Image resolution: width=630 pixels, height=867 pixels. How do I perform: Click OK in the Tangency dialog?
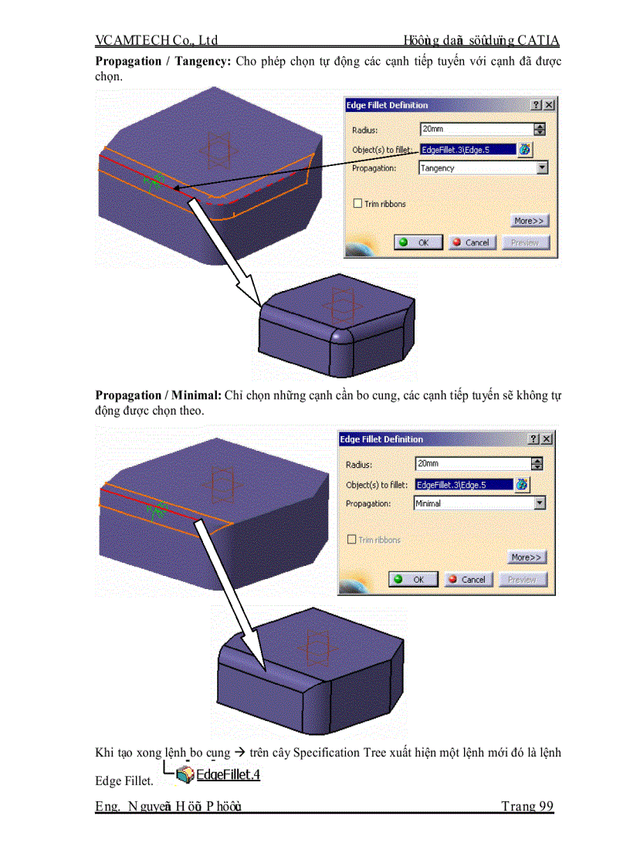click(x=418, y=242)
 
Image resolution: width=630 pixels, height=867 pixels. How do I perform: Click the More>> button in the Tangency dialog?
click(x=529, y=221)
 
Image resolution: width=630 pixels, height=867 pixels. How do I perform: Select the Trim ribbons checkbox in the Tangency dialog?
click(x=357, y=204)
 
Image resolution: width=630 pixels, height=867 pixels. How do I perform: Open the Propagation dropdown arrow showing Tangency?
click(x=542, y=168)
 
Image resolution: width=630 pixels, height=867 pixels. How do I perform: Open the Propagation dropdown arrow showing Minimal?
click(x=540, y=503)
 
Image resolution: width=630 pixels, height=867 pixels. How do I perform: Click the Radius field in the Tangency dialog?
click(x=476, y=130)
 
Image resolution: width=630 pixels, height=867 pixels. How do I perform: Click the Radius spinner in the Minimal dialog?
click(x=538, y=464)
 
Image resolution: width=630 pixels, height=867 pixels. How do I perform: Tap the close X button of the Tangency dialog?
click(x=549, y=105)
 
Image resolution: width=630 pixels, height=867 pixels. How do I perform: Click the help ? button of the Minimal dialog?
click(x=533, y=439)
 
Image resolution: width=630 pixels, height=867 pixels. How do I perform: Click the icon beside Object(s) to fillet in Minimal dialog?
click(x=523, y=485)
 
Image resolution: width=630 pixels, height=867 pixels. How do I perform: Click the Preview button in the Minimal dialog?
click(x=522, y=579)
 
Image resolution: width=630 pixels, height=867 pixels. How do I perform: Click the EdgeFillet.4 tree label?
click(x=229, y=774)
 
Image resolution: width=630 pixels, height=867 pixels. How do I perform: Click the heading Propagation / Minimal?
click(x=158, y=395)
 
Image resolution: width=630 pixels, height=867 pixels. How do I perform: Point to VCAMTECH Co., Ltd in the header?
click(x=157, y=40)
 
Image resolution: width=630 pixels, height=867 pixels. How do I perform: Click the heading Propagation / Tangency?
click(x=163, y=61)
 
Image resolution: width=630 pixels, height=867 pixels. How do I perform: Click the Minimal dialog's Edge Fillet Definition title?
click(x=382, y=439)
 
